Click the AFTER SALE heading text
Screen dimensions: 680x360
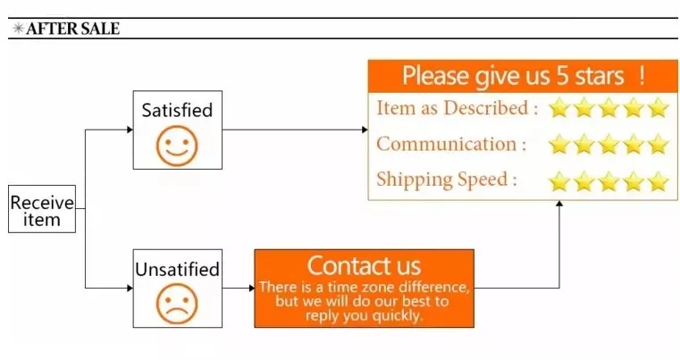point(73,29)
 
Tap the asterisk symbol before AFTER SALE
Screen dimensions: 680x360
point(18,29)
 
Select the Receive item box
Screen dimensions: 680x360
point(42,209)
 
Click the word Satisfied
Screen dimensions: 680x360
point(178,110)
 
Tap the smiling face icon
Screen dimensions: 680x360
point(177,146)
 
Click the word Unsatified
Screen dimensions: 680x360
point(178,270)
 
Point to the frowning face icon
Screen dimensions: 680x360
point(177,304)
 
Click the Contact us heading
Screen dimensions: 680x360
point(364,265)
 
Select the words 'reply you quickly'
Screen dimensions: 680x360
point(364,315)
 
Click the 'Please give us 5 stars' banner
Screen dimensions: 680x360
point(523,76)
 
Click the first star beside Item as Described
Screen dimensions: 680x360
point(559,107)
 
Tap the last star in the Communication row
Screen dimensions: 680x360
point(658,144)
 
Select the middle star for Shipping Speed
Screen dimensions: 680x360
point(609,180)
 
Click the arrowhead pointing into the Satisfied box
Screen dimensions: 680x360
point(130,130)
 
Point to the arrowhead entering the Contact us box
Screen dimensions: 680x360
point(251,288)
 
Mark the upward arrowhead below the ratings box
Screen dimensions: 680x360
point(559,204)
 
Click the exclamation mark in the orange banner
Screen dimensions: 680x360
point(642,76)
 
